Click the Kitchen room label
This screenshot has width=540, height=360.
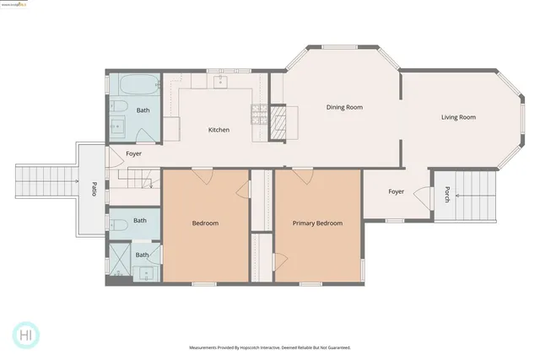pos(219,130)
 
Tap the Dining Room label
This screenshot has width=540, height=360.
pos(344,107)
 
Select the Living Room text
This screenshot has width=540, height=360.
pos(458,117)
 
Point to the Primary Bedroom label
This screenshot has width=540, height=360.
pos(317,223)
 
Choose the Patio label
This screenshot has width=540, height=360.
pos(94,187)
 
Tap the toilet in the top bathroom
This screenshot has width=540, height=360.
pos(119,106)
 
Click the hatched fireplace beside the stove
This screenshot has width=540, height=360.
pos(278,123)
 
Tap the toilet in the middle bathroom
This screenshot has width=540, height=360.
pos(118,223)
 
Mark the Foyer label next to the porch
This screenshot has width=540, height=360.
pos(397,191)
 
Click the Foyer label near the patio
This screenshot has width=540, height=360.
pos(134,154)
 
